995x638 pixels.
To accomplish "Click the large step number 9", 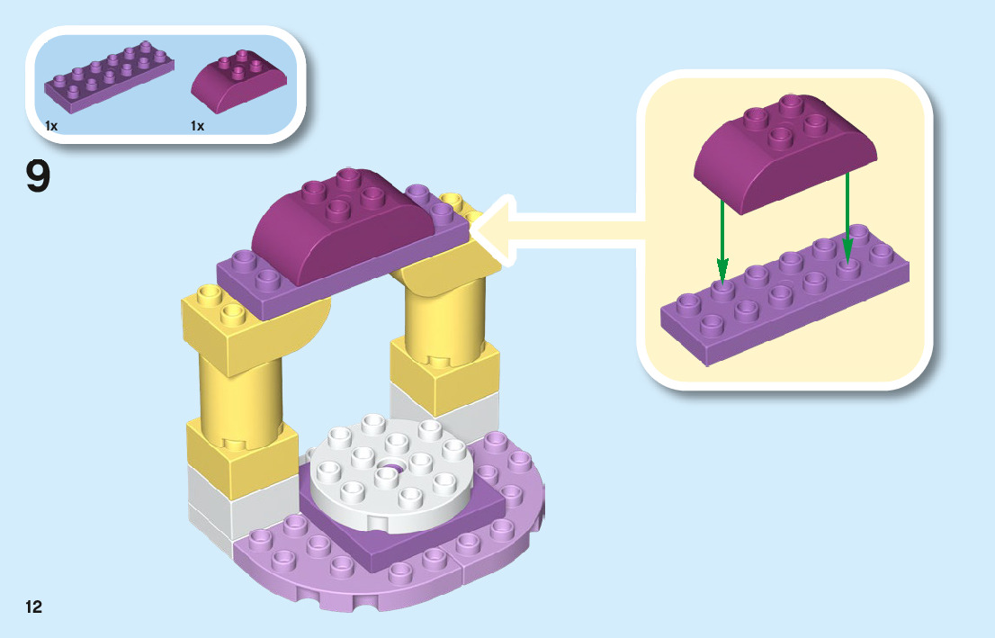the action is [38, 176].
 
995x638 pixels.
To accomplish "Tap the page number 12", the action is [34, 607].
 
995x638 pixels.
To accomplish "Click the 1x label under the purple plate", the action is [51, 127].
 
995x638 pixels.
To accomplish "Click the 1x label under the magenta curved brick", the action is [198, 127].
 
